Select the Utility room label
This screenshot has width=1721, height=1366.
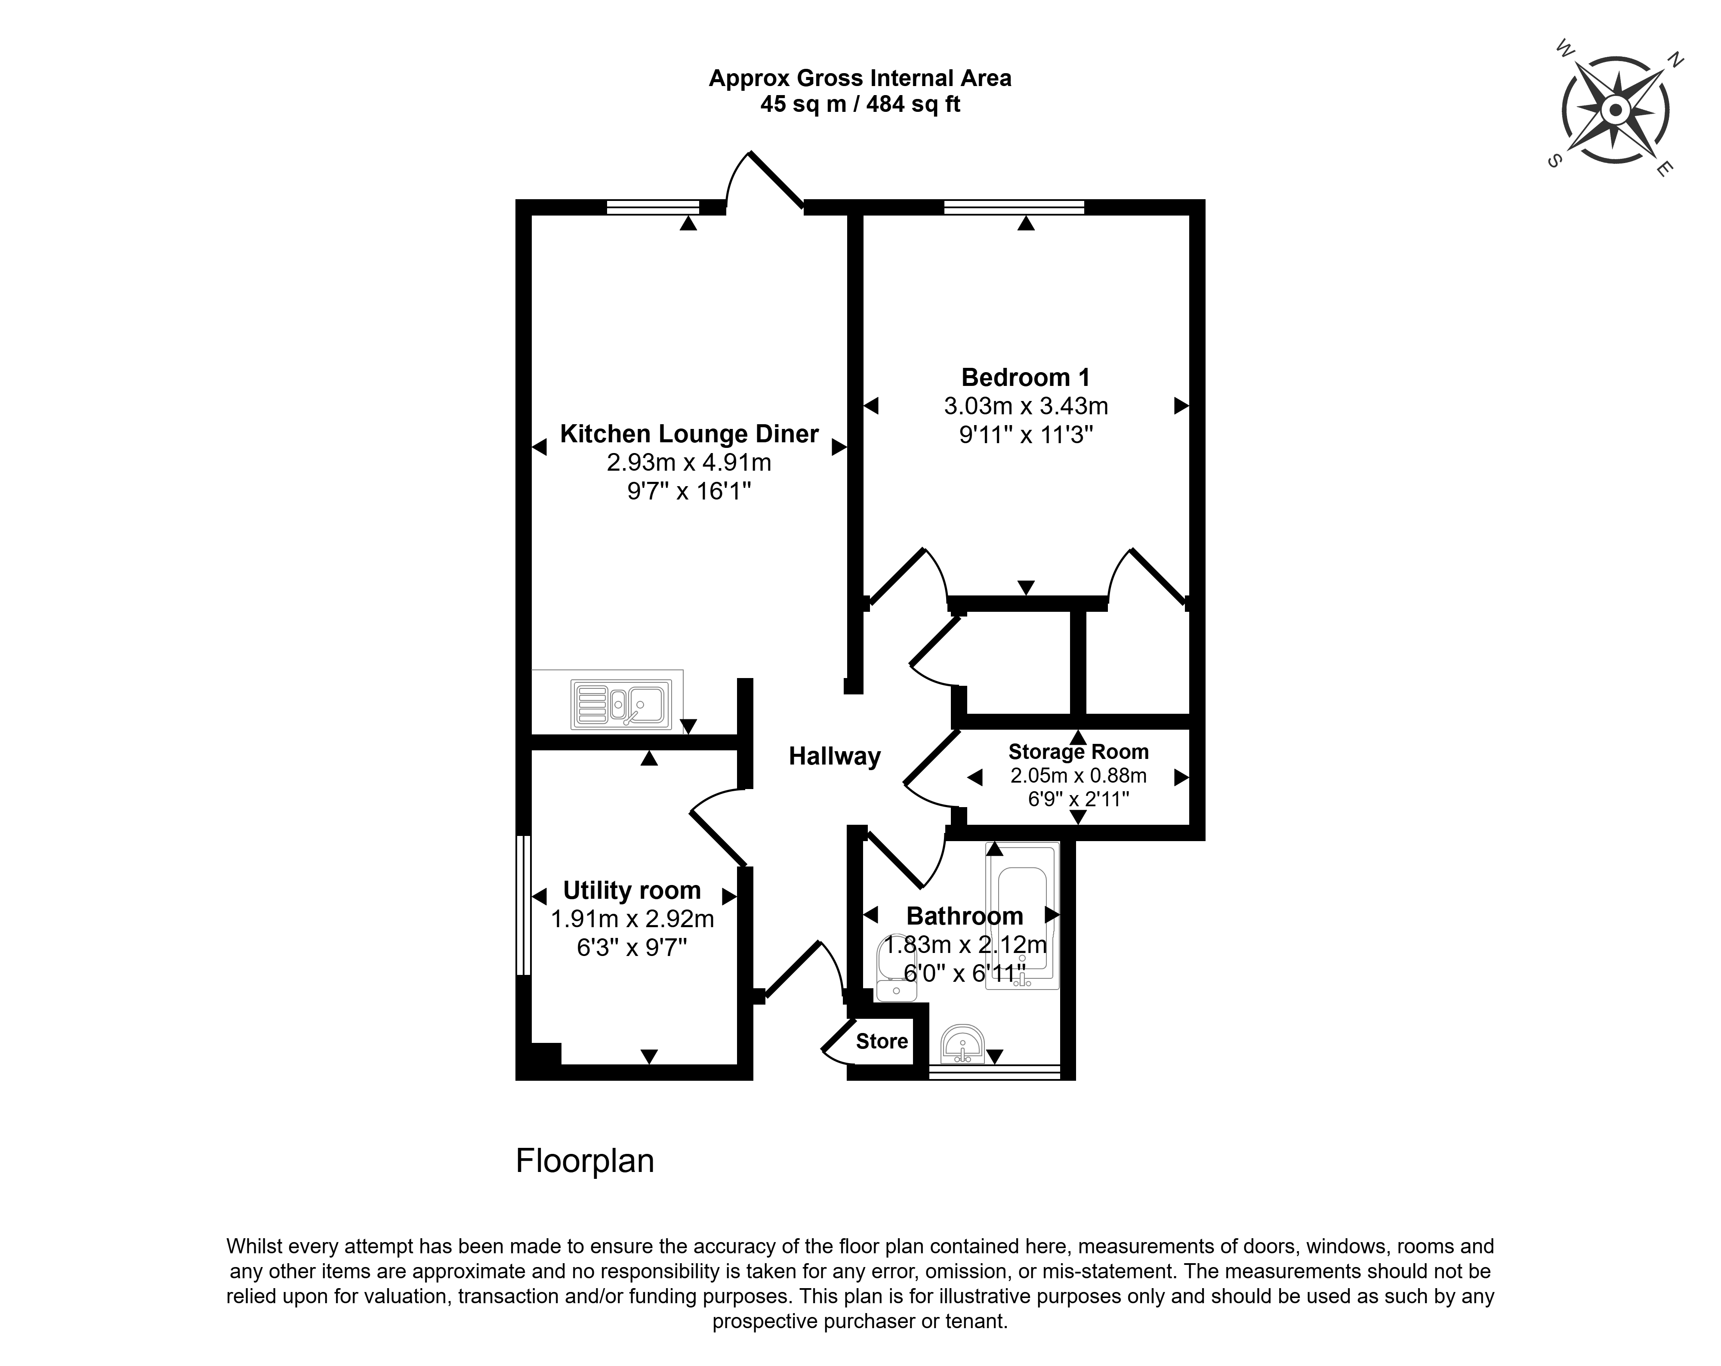click(632, 890)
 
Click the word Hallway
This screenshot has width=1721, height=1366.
click(835, 756)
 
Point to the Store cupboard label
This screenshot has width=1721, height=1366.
click(882, 1041)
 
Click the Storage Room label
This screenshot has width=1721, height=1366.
click(1078, 752)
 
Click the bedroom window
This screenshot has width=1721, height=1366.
click(1014, 207)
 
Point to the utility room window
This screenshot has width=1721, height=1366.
click(524, 905)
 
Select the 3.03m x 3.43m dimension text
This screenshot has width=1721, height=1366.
click(1026, 407)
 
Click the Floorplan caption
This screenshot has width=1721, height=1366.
click(585, 1161)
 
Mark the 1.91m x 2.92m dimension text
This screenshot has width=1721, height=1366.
click(632, 919)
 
